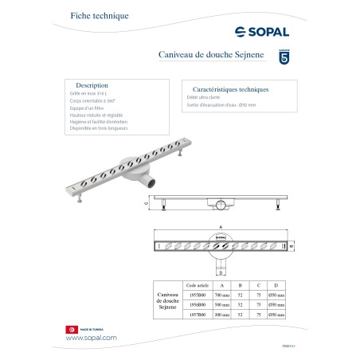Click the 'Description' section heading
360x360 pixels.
tap(92, 84)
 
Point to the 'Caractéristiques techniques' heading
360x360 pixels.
tap(225, 90)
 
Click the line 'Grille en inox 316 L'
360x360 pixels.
tap(88, 93)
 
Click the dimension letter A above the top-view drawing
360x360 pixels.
tap(216, 226)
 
